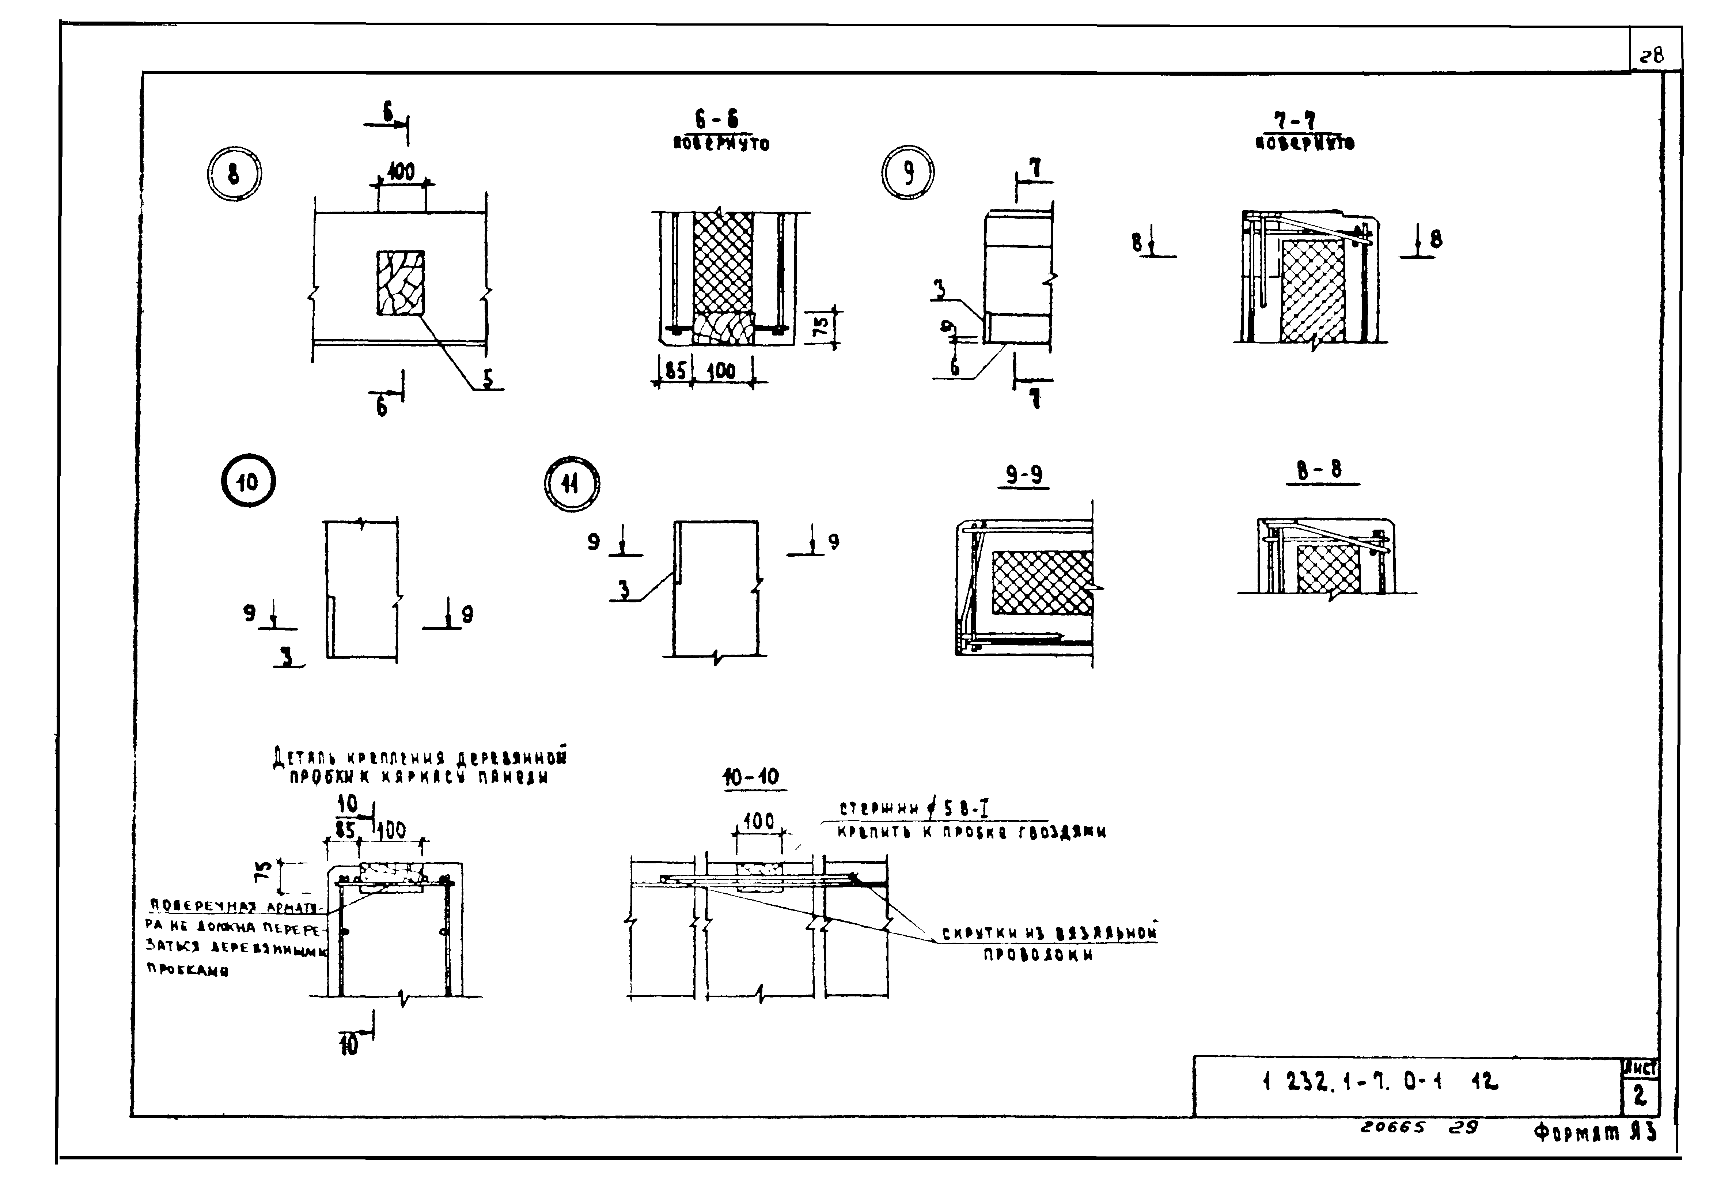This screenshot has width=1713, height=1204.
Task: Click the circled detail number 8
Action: point(234,175)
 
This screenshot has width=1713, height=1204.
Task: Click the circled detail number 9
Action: point(908,173)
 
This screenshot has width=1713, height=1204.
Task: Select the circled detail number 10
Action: point(248,482)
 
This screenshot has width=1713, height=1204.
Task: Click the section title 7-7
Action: point(1305,121)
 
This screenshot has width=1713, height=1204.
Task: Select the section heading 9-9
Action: point(1024,475)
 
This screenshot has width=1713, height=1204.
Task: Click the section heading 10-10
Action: point(751,777)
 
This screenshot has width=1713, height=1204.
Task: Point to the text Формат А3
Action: point(1595,1132)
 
